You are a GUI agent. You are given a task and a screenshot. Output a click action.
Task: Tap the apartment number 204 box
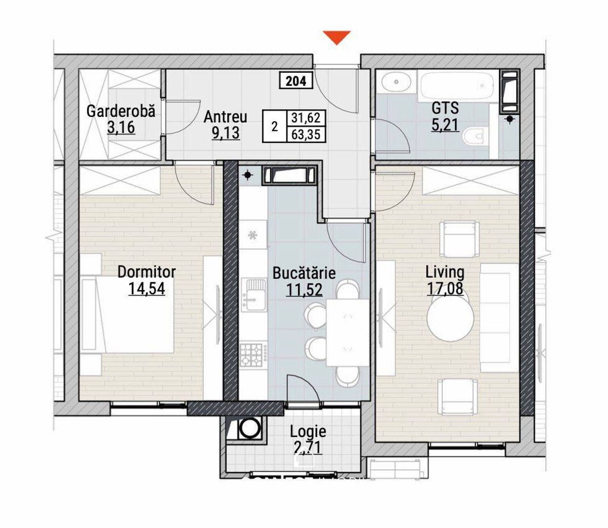[296, 81]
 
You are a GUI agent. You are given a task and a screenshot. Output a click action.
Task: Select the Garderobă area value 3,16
[121, 128]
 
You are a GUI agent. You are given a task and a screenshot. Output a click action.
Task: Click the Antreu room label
[225, 117]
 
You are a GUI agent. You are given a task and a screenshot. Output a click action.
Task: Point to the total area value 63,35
[306, 134]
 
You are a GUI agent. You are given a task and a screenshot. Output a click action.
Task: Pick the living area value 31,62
[306, 118]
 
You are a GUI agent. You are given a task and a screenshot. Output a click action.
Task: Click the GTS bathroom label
[445, 108]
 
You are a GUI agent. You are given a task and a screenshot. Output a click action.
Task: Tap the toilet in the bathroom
[476, 136]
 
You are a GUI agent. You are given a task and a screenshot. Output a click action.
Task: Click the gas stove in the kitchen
[252, 355]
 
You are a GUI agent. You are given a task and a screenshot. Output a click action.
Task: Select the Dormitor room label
[147, 272]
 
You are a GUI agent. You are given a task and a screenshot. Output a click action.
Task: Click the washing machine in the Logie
[247, 428]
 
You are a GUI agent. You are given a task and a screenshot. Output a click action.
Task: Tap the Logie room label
[308, 431]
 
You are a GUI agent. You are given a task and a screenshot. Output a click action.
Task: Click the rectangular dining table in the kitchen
[348, 332]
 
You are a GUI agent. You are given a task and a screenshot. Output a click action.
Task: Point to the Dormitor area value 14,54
[147, 288]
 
